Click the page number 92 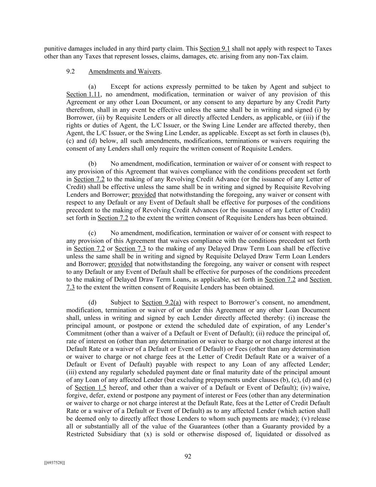188,456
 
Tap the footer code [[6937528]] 55,463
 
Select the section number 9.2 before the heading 70,71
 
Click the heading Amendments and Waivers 124,71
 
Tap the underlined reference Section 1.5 91,387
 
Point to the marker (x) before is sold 148,434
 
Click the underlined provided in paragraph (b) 144,195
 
